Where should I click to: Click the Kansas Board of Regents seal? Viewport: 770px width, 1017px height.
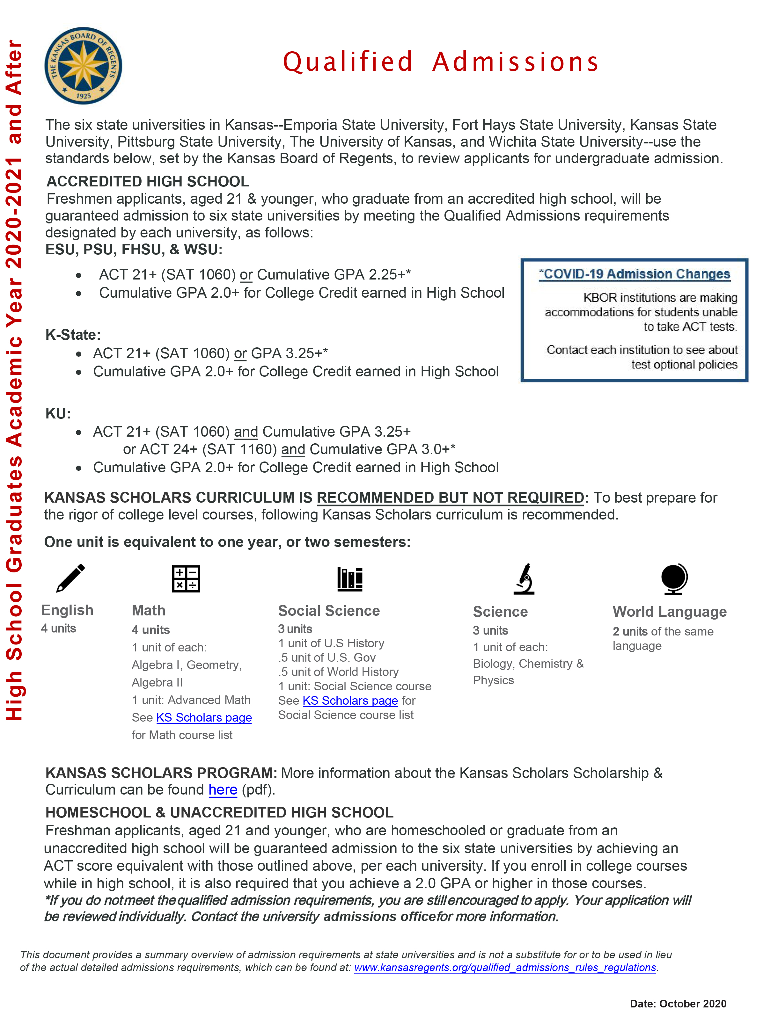[83, 66]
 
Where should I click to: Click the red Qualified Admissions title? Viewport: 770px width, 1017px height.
[440, 62]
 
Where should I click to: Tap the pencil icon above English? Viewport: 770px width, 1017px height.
[70, 578]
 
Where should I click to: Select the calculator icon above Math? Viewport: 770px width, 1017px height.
[186, 578]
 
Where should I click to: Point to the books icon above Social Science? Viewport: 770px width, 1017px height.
[349, 578]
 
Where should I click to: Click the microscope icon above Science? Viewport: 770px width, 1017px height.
[524, 578]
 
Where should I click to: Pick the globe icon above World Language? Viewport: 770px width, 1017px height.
[674, 578]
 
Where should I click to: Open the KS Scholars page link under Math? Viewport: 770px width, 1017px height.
[204, 718]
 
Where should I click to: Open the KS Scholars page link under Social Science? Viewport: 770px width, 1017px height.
[350, 701]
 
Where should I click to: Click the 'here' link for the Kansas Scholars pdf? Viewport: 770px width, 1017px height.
[223, 790]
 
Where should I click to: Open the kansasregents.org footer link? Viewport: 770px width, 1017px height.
[505, 968]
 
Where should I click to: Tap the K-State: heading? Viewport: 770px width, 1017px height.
[73, 335]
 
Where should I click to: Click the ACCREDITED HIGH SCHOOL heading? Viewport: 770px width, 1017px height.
[148, 182]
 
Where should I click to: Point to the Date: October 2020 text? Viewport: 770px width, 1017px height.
[678, 1004]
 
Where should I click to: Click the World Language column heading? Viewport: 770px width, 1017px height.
[669, 612]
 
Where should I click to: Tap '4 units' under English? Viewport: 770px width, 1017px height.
[58, 628]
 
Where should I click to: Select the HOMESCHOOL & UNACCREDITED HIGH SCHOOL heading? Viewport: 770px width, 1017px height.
[219, 812]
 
